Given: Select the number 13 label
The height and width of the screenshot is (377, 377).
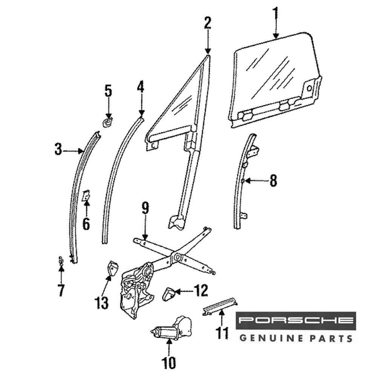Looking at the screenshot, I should (101, 302).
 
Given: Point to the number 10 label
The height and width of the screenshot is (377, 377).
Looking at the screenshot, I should (169, 363).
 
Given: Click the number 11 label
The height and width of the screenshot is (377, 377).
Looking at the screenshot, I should (222, 333).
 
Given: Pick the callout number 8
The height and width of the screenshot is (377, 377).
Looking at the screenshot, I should (273, 181).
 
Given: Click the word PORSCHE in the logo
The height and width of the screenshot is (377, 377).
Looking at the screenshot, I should (296, 320).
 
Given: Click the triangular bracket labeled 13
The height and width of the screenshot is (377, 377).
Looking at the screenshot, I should (112, 267).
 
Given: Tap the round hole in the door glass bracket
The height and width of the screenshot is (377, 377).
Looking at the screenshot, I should (310, 89).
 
